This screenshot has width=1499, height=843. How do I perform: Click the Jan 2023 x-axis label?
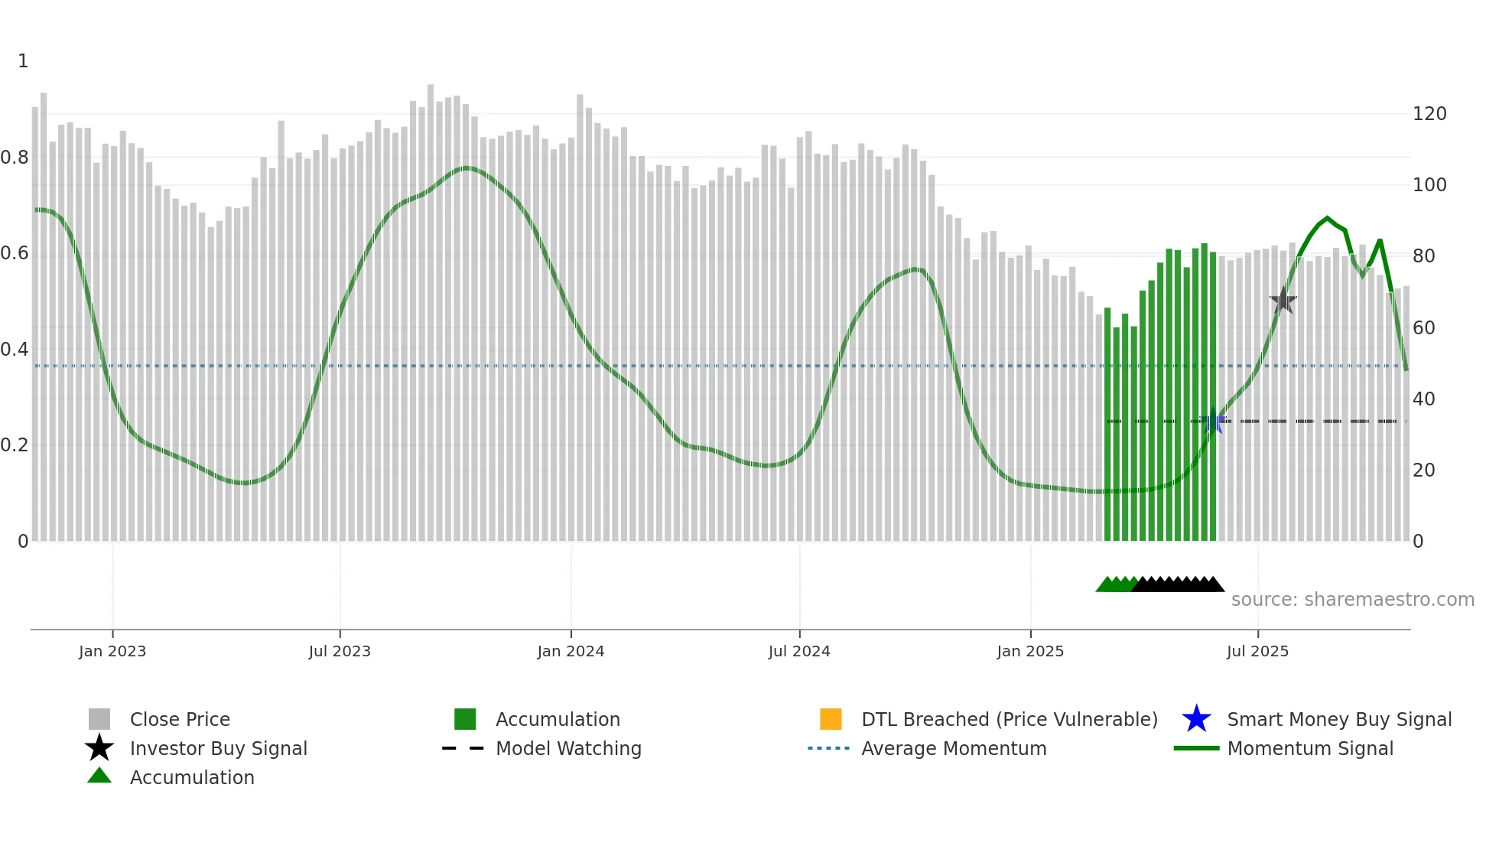coord(112,651)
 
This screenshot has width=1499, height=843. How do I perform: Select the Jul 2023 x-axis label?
coord(340,651)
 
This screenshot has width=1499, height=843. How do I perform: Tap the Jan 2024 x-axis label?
coord(571,651)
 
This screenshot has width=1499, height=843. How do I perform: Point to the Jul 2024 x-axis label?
coord(799,651)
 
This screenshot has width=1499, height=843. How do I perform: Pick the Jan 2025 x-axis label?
coord(1030,651)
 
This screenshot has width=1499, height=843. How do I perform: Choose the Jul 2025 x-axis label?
coord(1257,651)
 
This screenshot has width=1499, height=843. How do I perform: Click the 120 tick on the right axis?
coord(1429,114)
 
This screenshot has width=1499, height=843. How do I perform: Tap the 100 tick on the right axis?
coord(1429,185)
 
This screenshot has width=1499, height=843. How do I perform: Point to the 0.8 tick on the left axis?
coord(15,158)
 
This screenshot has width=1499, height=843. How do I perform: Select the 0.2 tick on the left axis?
coord(15,445)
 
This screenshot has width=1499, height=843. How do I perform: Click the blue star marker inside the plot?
coord(1213,421)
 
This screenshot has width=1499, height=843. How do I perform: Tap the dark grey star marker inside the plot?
coord(1283,301)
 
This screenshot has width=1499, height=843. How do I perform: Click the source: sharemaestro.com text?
coord(1352,600)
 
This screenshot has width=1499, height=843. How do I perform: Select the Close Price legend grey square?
coord(99,719)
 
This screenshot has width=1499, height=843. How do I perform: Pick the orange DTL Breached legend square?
coord(831,719)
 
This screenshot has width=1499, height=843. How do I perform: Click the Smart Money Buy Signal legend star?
coord(1196,719)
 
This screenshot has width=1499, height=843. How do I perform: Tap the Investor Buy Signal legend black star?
coord(99,748)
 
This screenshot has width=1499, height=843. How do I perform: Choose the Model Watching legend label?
coord(568,748)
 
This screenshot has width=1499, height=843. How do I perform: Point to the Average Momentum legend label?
coord(954,748)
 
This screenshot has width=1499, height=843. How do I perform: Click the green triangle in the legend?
coord(99,776)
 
